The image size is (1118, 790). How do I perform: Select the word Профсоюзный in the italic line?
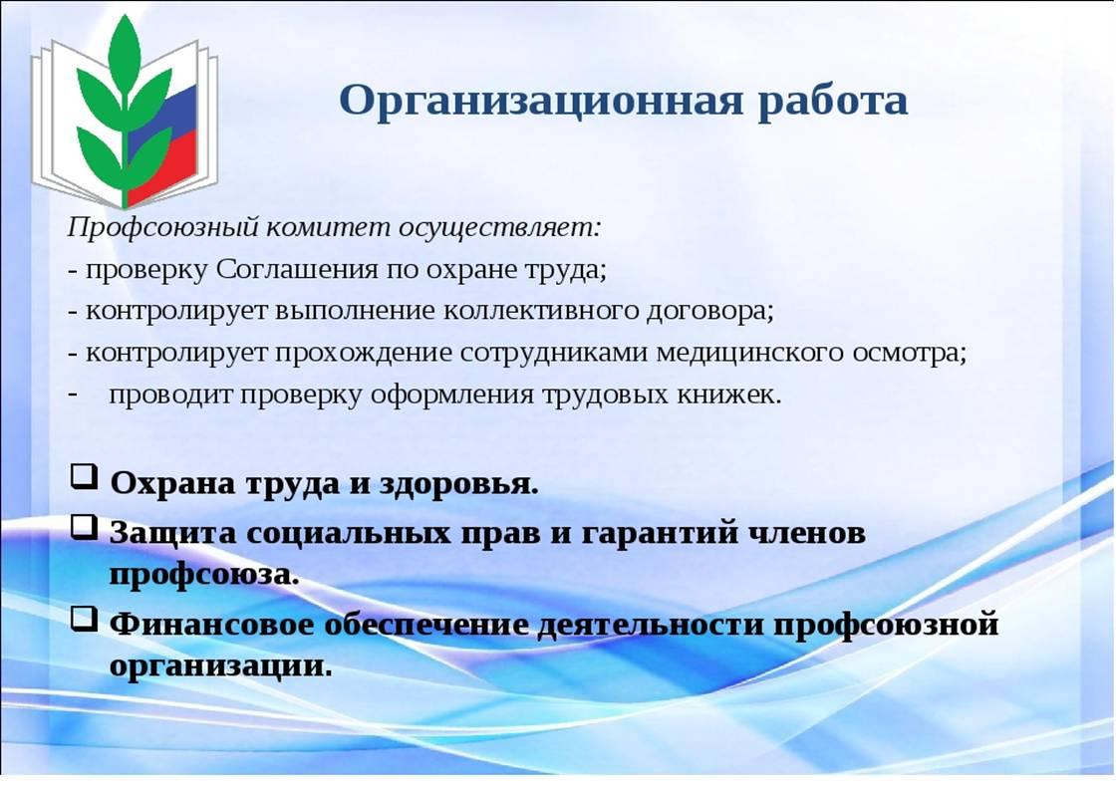click(161, 229)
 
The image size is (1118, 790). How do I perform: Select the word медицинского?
click(748, 353)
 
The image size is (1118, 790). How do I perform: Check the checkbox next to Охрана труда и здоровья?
click(84, 476)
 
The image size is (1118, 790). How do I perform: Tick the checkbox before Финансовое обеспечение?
click(84, 618)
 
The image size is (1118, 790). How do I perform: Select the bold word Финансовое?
click(212, 625)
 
